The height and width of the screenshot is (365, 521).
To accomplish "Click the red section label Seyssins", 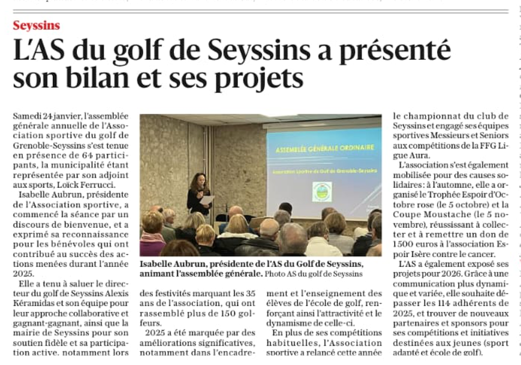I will [x=36, y=26].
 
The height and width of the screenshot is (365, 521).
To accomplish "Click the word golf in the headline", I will [x=138, y=51].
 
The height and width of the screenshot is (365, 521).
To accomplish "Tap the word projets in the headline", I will [x=258, y=78].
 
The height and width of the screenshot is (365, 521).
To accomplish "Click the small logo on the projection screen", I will [x=322, y=192].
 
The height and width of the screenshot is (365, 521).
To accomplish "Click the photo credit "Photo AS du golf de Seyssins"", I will [x=314, y=274].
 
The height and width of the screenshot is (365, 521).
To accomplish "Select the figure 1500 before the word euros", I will [x=404, y=244].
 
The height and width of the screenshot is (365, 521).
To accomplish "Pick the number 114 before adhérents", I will [x=444, y=303].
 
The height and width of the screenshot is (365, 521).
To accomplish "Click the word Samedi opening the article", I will [x=27, y=116].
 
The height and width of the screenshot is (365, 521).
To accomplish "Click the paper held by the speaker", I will [x=207, y=200].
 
